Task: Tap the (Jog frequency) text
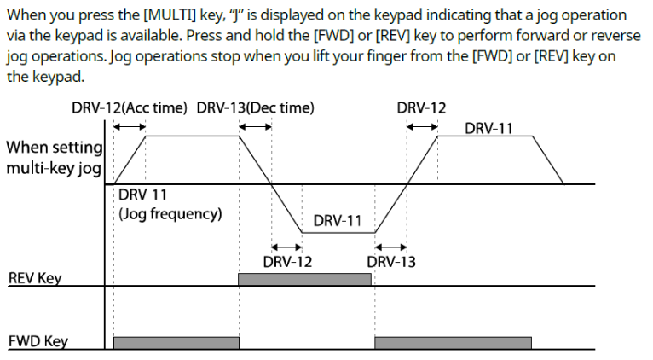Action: (x=170, y=213)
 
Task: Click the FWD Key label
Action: (x=38, y=342)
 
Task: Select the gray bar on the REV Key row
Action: (x=304, y=279)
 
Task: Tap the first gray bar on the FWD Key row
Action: (x=176, y=342)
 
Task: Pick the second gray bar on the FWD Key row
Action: (x=453, y=342)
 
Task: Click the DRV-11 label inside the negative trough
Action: (x=338, y=221)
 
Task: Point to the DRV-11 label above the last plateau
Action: (x=489, y=128)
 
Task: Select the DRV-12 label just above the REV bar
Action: (x=287, y=262)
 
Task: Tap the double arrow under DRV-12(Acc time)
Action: (x=130, y=125)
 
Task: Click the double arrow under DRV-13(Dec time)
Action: (x=255, y=125)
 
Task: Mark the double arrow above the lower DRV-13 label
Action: (x=390, y=247)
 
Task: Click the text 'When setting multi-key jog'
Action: (x=54, y=157)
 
